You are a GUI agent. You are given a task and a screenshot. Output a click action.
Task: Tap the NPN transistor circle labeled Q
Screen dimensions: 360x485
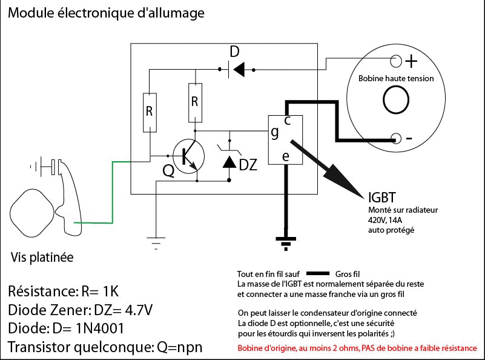coord(188,155)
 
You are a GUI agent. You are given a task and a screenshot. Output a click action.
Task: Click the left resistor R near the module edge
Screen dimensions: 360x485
coord(150,112)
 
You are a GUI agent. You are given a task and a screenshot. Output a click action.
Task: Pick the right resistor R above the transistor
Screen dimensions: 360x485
coord(194,101)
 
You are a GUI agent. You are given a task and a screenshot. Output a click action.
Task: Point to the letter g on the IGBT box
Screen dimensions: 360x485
coord(275,132)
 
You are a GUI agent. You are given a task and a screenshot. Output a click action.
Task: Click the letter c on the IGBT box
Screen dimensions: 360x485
coord(287,121)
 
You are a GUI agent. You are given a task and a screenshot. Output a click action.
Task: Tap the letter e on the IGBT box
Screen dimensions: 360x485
coord(286,156)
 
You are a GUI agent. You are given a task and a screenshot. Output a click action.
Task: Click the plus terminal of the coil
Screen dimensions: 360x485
coord(396,61)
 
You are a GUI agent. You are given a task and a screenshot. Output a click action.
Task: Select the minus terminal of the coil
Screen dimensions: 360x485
coord(397,138)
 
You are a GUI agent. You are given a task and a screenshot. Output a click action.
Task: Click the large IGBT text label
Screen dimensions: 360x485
coord(383,197)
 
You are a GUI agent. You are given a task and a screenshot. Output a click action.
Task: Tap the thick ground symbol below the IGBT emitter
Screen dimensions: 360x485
coord(285,242)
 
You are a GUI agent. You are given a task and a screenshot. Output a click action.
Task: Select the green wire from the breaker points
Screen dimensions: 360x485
coord(112,194)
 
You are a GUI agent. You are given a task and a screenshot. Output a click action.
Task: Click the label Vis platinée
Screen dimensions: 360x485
coord(42,258)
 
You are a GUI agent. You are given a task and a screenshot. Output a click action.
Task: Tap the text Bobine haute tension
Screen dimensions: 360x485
coord(396,78)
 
